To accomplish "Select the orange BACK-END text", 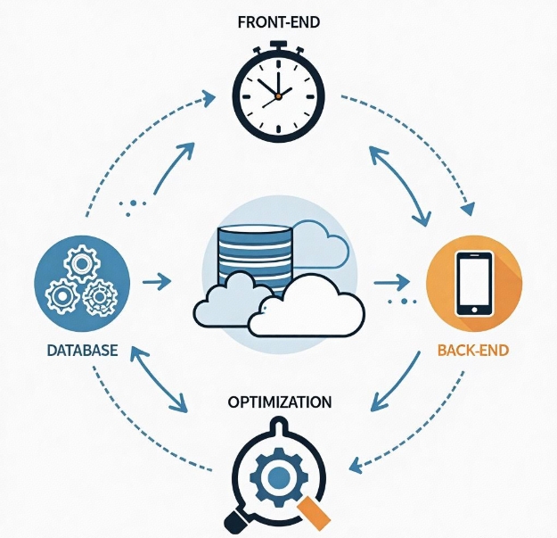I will (473, 350).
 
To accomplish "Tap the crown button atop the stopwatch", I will (277, 45).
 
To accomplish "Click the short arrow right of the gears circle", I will (158, 282).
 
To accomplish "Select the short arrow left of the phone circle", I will (387, 283).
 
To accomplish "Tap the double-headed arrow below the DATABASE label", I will (160, 378).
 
